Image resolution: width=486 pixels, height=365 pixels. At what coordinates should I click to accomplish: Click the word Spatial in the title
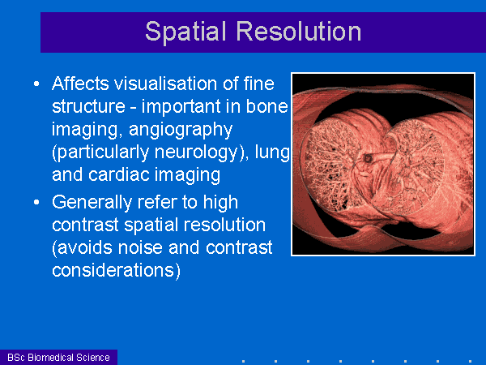[185, 32]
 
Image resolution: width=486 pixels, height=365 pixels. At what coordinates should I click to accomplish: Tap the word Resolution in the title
[299, 31]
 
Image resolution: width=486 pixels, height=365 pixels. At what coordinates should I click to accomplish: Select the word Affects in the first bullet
[80, 84]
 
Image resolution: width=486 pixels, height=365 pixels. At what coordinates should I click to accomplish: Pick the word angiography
[181, 130]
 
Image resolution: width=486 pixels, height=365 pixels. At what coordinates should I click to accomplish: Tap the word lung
[272, 152]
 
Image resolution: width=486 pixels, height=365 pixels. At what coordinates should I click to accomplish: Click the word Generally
[92, 203]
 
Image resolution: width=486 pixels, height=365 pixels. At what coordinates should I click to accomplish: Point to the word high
[220, 203]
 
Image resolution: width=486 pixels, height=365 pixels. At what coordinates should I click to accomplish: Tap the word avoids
[82, 248]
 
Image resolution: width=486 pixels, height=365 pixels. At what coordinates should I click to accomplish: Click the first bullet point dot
[36, 84]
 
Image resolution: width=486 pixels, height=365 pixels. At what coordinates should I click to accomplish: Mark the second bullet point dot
[36, 202]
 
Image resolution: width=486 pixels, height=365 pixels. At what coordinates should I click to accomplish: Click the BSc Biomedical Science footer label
[58, 358]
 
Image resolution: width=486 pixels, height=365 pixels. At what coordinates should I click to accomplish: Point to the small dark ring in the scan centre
[368, 159]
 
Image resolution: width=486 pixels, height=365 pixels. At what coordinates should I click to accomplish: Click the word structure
[88, 106]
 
